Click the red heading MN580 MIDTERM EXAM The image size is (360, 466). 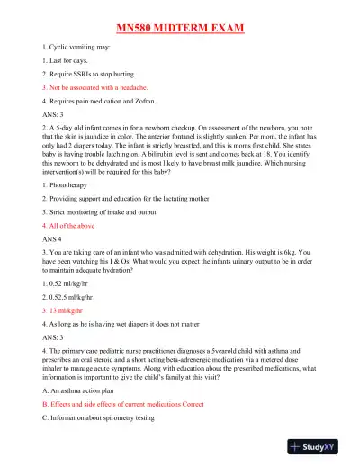(180, 27)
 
